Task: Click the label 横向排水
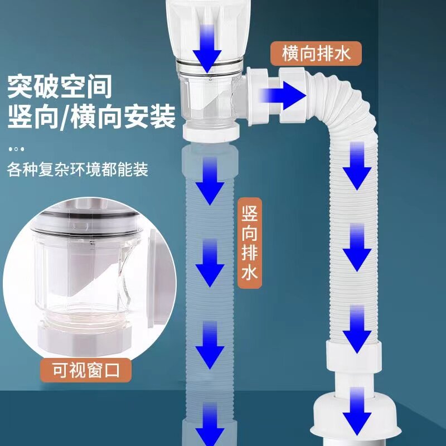click(316, 55)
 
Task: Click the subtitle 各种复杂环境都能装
click(78, 169)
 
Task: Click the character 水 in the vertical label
click(250, 274)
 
